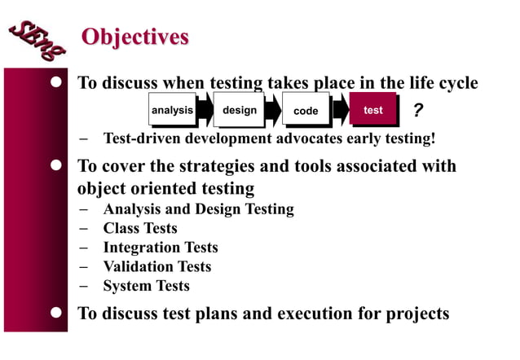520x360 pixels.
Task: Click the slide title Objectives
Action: [x=134, y=37]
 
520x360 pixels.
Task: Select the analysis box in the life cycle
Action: [x=172, y=110]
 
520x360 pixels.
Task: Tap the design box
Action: [x=239, y=110]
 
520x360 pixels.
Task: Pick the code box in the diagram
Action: [x=306, y=111]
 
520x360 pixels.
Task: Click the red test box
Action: [x=372, y=110]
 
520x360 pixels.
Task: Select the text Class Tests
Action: [x=139, y=228]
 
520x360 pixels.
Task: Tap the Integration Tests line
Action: [x=160, y=247]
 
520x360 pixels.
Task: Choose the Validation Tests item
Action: [x=156, y=266]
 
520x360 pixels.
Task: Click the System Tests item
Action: [x=146, y=286]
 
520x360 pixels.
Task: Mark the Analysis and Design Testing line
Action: [x=198, y=209]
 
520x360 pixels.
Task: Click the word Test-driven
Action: [x=136, y=138]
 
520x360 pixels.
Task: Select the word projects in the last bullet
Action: [x=416, y=314]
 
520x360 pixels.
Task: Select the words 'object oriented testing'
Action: [x=165, y=188]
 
